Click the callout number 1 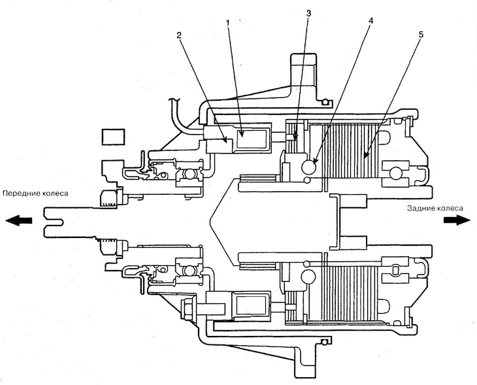pos(228,22)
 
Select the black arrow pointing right pos(457,220)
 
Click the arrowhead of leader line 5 pos(364,157)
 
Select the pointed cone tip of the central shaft pos(210,220)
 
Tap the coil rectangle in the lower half pos(251,305)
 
